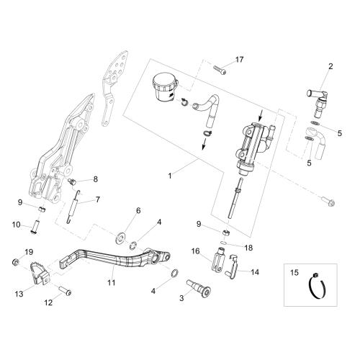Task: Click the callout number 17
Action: (x=239, y=60)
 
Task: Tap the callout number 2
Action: (x=330, y=66)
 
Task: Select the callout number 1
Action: (x=170, y=176)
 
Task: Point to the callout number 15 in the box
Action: (x=294, y=273)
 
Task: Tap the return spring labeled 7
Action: (x=73, y=207)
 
